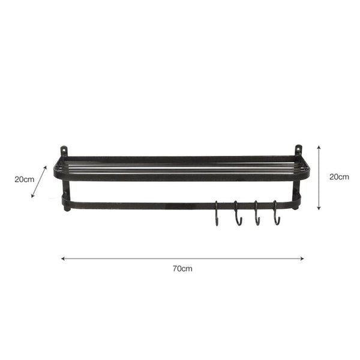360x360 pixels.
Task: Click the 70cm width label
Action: click(182, 268)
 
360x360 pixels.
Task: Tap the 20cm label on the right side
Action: click(339, 177)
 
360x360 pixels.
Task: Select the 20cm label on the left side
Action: click(25, 179)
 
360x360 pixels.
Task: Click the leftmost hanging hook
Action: click(217, 213)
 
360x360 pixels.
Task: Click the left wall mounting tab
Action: click(64, 151)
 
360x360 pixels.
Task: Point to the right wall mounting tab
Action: click(298, 150)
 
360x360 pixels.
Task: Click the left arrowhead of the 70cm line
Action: click(62, 259)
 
